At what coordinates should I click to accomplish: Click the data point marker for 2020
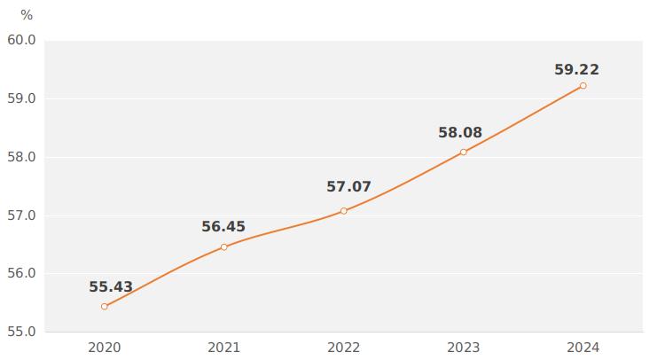[105, 307]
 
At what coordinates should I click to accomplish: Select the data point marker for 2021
[223, 247]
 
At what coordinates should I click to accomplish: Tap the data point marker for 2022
[344, 211]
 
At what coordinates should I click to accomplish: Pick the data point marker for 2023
[463, 153]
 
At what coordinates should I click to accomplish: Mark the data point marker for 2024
[583, 86]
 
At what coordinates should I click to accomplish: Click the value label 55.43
[111, 287]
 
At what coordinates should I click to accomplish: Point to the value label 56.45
[223, 227]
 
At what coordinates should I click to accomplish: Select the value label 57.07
[348, 187]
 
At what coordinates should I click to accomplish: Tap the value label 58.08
[460, 133]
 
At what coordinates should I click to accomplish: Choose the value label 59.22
[576, 70]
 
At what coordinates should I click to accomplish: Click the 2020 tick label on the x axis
[105, 348]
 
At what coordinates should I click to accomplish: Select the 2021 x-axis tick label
[223, 348]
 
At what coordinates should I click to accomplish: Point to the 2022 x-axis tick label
[344, 348]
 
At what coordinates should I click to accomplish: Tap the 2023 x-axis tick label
[463, 348]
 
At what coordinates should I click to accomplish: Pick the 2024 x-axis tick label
[583, 348]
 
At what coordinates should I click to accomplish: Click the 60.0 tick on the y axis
[21, 41]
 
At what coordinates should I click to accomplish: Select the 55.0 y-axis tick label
[21, 332]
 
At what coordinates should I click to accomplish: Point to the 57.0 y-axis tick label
[21, 215]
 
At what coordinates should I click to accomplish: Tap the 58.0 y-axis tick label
[21, 157]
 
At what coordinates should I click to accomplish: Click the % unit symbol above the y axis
[27, 15]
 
